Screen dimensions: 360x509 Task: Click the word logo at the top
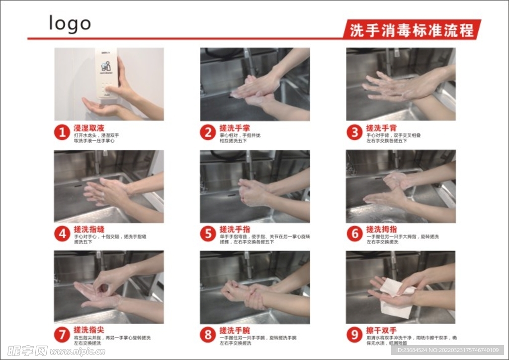click(70, 23)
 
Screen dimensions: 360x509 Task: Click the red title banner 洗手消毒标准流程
click(412, 30)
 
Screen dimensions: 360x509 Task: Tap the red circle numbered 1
click(62, 133)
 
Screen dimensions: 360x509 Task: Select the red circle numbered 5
click(208, 234)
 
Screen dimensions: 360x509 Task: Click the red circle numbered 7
click(62, 335)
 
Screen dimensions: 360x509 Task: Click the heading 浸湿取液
click(89, 128)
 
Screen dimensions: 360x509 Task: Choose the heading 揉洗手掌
click(235, 128)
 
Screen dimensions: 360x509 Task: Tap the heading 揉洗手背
click(381, 128)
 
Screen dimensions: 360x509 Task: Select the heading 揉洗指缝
click(89, 229)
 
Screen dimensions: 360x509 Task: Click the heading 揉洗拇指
click(381, 229)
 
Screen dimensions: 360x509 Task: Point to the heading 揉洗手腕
click(235, 330)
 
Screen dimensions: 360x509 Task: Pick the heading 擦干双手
click(381, 330)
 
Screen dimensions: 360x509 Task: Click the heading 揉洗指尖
click(89, 330)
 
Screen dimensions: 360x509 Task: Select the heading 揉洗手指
click(235, 229)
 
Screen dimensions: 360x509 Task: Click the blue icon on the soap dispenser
click(105, 66)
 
